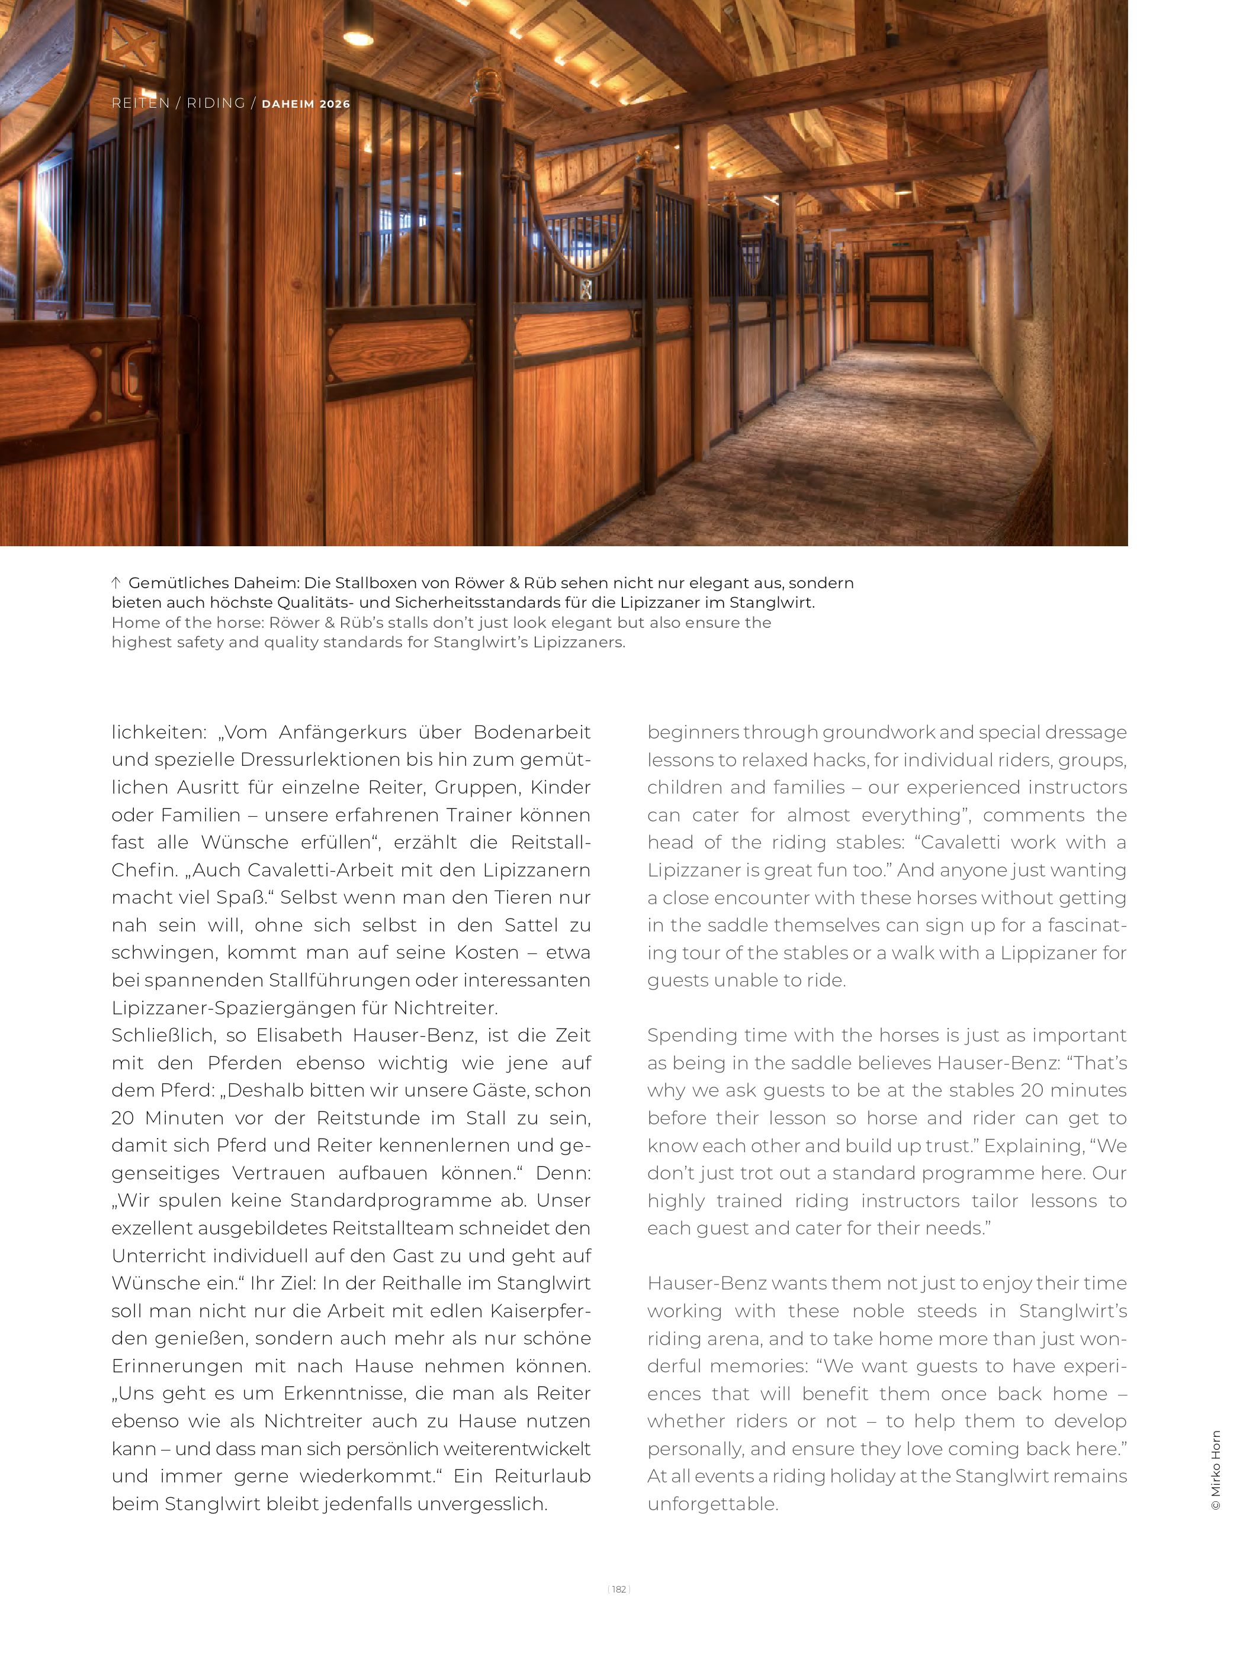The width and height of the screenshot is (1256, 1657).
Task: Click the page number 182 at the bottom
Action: pyautogui.click(x=618, y=1589)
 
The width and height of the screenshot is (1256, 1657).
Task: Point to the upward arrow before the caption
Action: pyautogui.click(x=116, y=582)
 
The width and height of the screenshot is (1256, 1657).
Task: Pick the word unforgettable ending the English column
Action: pyautogui.click(x=713, y=1504)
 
